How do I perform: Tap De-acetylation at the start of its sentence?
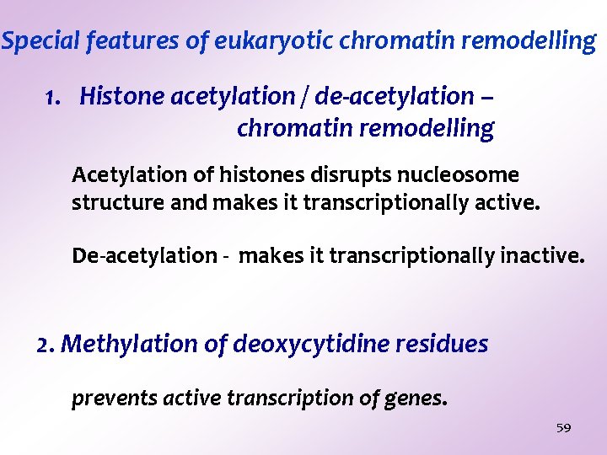click(x=144, y=255)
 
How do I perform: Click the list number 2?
click(x=46, y=345)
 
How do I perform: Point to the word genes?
click(x=418, y=399)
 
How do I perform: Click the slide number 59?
click(x=564, y=428)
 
